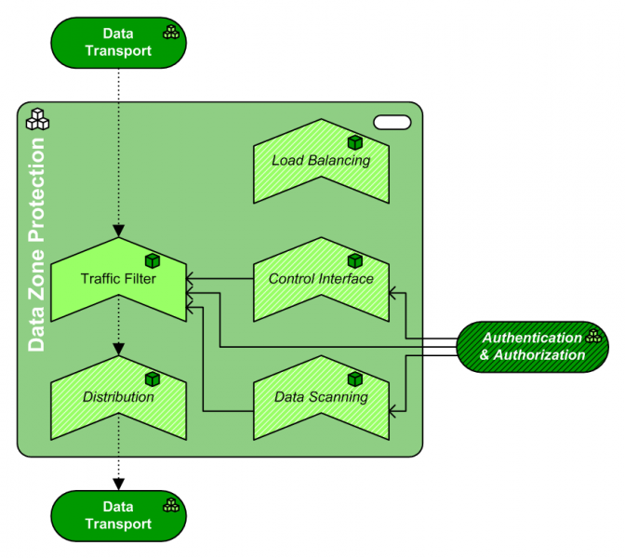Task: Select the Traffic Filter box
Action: pos(118,279)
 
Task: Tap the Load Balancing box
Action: pos(321,160)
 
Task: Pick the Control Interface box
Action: pos(321,278)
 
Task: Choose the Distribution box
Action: pos(118,397)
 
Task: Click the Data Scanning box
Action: pos(321,397)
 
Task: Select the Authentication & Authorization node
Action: pos(532,346)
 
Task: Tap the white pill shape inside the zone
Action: pos(392,121)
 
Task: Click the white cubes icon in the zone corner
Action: pos(38,119)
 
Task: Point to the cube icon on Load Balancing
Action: pos(354,142)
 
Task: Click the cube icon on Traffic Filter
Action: pos(153,261)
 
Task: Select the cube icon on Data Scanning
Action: pos(354,379)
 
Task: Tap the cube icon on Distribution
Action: pos(153,379)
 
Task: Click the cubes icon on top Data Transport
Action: pos(171,33)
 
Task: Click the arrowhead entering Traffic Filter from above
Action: pos(118,232)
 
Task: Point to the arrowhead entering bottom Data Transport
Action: pos(118,484)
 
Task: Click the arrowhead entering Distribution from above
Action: pos(118,350)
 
